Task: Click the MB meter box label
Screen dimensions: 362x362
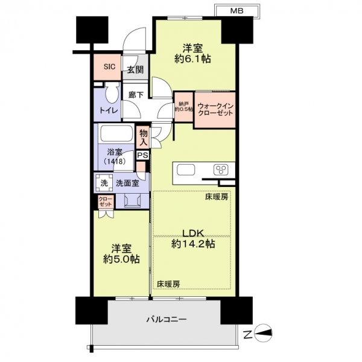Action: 237,11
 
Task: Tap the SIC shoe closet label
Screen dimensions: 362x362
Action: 109,67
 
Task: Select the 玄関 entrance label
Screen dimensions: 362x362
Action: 136,69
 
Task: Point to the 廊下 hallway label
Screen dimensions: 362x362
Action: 136,95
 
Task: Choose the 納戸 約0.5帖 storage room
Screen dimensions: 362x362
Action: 184,107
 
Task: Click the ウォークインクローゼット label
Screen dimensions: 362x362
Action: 215,110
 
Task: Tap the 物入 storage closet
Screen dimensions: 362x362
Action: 144,137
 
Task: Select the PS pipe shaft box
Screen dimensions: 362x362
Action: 142,155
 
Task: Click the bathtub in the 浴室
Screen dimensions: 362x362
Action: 116,133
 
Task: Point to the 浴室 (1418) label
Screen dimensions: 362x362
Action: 115,156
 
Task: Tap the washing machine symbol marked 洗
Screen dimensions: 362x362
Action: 104,183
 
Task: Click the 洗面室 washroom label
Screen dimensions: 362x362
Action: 127,183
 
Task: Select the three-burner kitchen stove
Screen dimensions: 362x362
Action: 221,170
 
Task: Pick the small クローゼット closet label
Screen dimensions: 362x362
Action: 106,202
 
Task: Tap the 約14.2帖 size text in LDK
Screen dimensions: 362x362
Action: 193,244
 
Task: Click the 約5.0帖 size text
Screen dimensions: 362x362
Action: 121,259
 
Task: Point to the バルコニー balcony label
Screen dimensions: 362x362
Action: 167,320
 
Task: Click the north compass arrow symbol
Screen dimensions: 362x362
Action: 263,332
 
